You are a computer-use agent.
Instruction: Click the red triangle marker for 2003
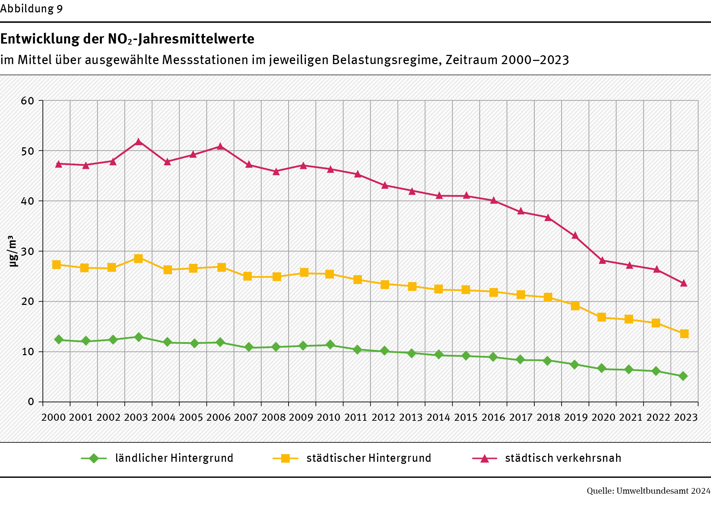(x=138, y=142)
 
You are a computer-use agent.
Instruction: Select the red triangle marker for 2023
(x=684, y=283)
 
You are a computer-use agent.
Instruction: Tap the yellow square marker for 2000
(x=56, y=265)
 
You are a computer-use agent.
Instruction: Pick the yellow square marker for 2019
(x=575, y=306)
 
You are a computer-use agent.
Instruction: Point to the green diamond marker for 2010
(x=330, y=345)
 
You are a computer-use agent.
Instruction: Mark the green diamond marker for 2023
(x=683, y=376)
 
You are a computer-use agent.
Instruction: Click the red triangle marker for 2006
(x=220, y=146)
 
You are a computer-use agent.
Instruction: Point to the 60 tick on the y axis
(x=28, y=101)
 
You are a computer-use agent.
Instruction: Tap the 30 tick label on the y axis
(x=28, y=251)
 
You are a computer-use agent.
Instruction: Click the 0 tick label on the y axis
(x=31, y=402)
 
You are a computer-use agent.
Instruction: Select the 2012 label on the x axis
(x=383, y=418)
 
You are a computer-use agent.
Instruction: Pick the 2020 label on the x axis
(x=603, y=418)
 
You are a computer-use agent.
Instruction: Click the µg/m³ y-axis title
(x=13, y=251)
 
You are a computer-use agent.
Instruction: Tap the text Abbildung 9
(x=32, y=9)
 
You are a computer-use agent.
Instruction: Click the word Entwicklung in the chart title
(x=40, y=39)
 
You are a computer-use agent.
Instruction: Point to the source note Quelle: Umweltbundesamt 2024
(x=648, y=491)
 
